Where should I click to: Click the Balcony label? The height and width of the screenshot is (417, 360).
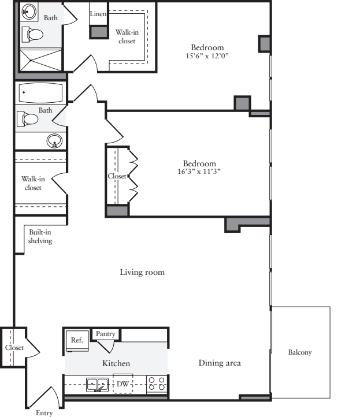[300, 352]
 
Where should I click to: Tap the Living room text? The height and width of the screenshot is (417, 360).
[142, 272]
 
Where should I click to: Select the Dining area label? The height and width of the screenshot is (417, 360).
[220, 363]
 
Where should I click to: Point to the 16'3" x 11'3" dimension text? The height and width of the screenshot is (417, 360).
[199, 172]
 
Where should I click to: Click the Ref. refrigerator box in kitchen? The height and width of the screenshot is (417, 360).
[77, 340]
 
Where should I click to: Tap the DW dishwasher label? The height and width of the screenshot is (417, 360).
[123, 384]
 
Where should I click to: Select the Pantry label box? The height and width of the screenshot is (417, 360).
[105, 334]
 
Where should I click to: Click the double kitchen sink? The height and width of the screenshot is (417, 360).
[97, 384]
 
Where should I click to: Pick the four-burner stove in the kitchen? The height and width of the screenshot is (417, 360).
[157, 384]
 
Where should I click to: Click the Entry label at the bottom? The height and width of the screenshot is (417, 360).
[44, 412]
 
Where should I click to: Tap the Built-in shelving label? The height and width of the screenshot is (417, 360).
[40, 236]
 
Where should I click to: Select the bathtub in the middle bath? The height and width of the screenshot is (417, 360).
[40, 92]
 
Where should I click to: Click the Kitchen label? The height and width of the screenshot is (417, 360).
[116, 363]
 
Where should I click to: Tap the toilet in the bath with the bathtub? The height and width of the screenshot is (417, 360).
[28, 119]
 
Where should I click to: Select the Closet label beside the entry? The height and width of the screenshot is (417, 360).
[14, 348]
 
